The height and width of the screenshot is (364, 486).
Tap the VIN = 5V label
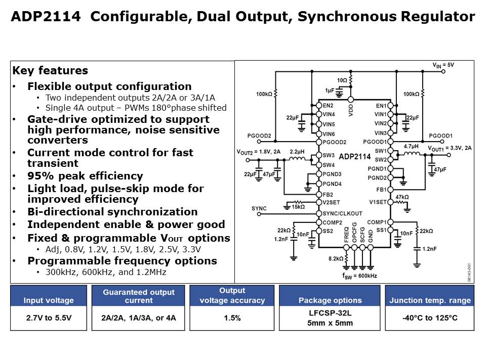[443, 65]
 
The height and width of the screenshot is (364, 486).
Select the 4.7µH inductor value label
[411, 146]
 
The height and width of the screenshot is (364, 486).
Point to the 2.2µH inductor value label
[297, 151]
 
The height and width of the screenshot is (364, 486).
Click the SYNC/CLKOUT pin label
[342, 213]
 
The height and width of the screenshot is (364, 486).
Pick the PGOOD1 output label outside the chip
[440, 136]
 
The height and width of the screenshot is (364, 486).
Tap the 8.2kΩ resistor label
[335, 258]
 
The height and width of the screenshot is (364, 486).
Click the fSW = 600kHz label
[360, 276]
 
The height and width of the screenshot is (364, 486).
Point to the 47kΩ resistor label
[401, 197]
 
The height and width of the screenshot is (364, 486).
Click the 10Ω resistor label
[342, 80]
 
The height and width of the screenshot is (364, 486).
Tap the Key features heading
[50, 71]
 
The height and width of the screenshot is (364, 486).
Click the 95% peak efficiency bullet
[85, 176]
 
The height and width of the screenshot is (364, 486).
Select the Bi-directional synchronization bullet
[112, 212]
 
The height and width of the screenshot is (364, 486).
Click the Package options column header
[330, 300]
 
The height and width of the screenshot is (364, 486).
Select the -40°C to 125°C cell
[430, 318]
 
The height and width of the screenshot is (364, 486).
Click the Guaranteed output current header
[138, 296]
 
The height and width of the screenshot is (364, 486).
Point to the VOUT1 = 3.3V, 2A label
[450, 148]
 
